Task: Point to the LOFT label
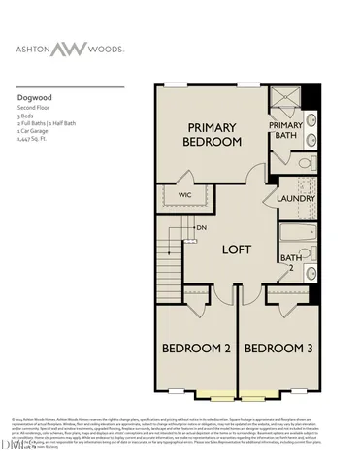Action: click(x=237, y=250)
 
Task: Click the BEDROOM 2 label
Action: click(x=195, y=348)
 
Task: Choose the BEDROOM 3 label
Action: click(x=278, y=348)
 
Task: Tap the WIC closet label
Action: click(x=185, y=197)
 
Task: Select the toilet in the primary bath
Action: click(x=304, y=162)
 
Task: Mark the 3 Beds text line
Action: click(x=27, y=117)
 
